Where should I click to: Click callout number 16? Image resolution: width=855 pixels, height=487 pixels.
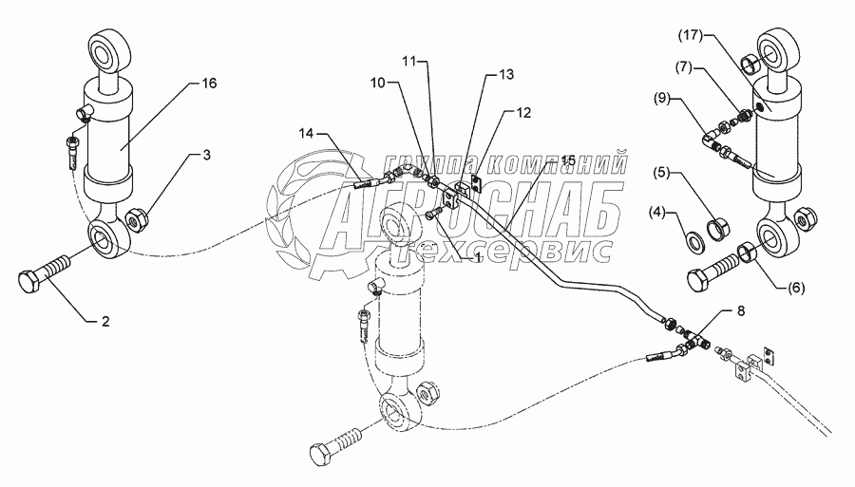point(208,84)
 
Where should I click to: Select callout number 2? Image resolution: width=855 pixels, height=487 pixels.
point(106,322)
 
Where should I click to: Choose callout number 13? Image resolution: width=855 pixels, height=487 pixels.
point(504,73)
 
